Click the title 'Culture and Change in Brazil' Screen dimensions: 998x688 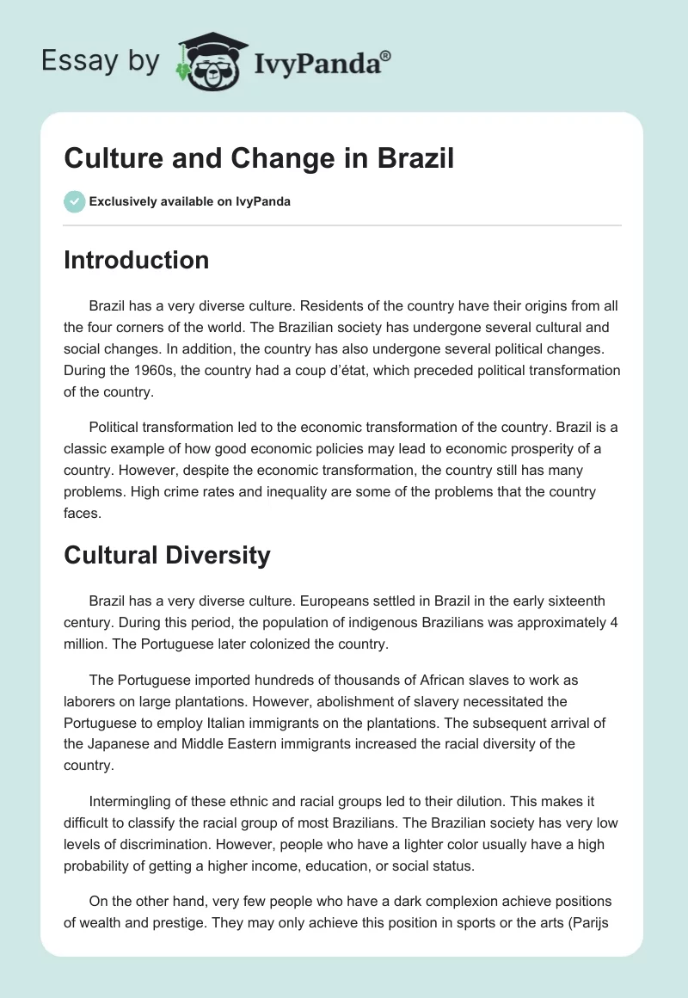[259, 158]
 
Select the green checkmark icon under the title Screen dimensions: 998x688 [74, 201]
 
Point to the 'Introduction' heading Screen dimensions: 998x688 [136, 260]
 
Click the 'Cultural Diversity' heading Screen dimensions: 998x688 [167, 555]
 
